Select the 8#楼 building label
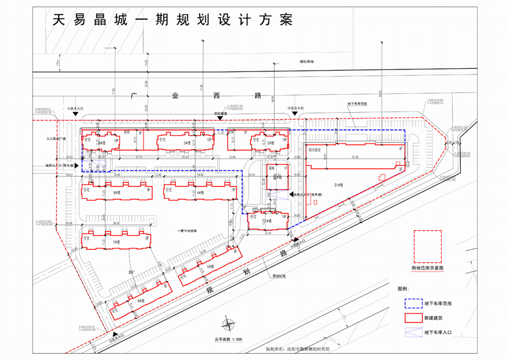117,192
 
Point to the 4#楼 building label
200,192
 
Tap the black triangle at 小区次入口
295,115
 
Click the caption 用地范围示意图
428,268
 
